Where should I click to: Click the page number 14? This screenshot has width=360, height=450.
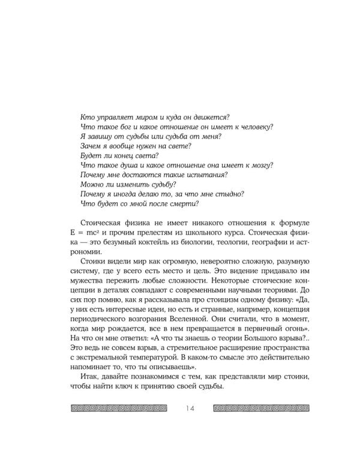tap(191, 409)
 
